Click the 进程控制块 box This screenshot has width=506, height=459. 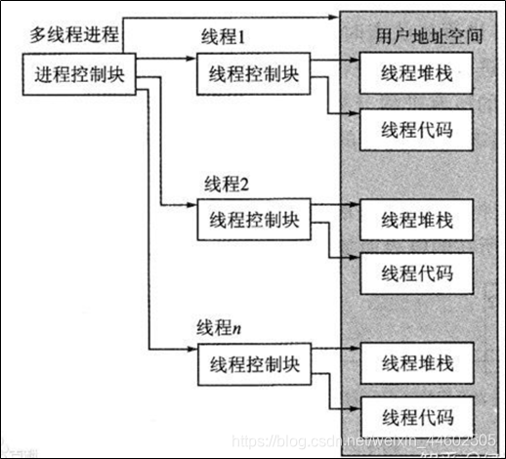(x=79, y=74)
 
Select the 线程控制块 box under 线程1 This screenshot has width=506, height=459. (x=249, y=75)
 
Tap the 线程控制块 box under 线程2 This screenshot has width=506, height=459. (x=249, y=218)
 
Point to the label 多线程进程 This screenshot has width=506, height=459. (x=73, y=37)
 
